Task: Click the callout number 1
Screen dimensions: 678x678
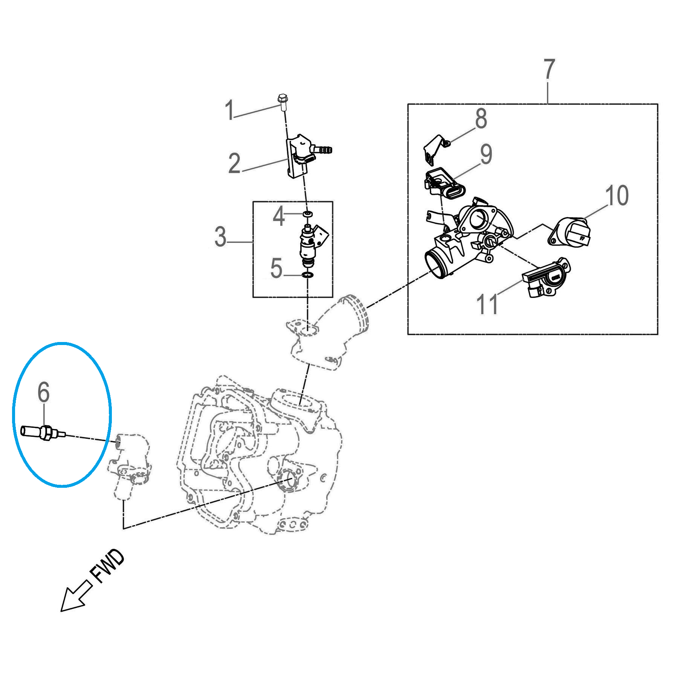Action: [229, 110]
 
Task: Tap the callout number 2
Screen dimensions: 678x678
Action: [234, 163]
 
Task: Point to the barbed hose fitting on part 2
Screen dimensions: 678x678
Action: [321, 150]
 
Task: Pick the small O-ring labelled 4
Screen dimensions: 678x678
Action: [308, 214]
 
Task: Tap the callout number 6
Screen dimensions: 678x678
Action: [43, 392]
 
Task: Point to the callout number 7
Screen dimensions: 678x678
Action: [550, 69]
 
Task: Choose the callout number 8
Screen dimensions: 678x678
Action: [481, 118]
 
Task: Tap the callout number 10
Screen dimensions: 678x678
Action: [617, 195]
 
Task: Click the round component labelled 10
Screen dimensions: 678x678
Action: [569, 232]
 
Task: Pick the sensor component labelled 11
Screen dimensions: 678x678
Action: [546, 278]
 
